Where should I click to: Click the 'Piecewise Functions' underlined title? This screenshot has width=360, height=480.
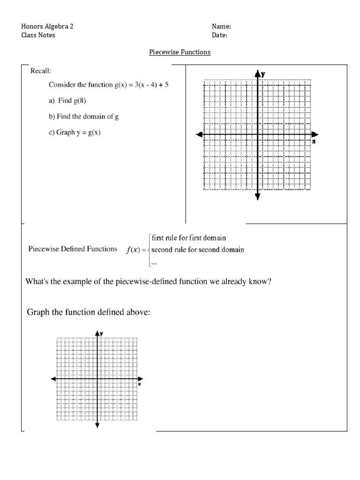180,52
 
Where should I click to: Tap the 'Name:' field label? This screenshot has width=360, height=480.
221,27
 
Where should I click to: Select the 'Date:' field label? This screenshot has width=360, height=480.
220,35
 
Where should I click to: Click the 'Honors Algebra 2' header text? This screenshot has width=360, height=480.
47,27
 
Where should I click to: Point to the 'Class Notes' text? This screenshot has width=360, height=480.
38,35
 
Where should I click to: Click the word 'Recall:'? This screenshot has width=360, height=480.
41,71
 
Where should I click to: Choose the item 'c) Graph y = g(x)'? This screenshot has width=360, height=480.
75,133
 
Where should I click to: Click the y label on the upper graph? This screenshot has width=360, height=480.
263,74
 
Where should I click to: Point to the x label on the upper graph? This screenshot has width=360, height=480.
314,141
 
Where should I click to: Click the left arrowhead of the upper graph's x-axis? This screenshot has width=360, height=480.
200,135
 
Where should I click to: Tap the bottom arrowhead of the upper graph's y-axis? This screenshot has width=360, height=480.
257,196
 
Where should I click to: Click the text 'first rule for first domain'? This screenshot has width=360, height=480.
189,238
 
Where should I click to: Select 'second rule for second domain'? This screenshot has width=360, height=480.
197,250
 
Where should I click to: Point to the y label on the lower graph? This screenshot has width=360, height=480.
102,332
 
